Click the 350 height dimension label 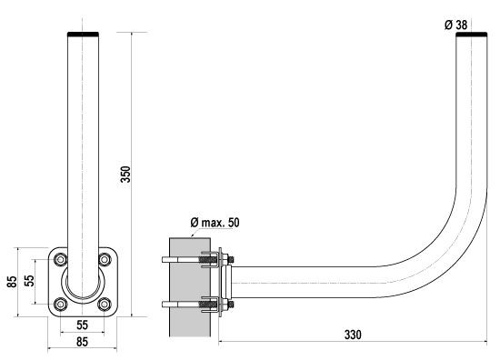coord(125,175)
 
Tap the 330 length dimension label coord(353,335)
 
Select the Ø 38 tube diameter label coord(456,25)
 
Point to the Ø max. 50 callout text coord(215,222)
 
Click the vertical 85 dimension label coord(12,282)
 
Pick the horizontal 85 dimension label coord(82,342)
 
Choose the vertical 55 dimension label coord(29,281)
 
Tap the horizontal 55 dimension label coord(82,325)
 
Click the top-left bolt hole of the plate coord(60,259)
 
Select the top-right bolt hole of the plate coord(105,259)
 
